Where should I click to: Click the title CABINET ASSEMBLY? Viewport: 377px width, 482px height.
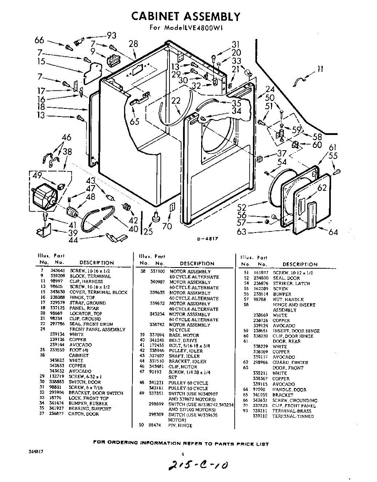pyautogui.click(x=186, y=16)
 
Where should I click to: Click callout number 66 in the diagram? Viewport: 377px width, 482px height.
pyautogui.click(x=39, y=40)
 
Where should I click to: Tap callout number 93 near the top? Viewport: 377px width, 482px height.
pyautogui.click(x=111, y=35)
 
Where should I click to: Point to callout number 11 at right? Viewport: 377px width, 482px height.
pyautogui.click(x=320, y=69)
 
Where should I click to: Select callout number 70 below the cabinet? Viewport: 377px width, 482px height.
pyautogui.click(x=167, y=226)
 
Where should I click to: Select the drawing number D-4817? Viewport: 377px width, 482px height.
pyautogui.click(x=207, y=239)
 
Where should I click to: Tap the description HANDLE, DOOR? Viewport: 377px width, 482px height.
pyautogui.click(x=289, y=390)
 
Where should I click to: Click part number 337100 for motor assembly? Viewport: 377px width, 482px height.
pyautogui.click(x=157, y=272)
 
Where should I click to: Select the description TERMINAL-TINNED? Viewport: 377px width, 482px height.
pyautogui.click(x=293, y=417)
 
